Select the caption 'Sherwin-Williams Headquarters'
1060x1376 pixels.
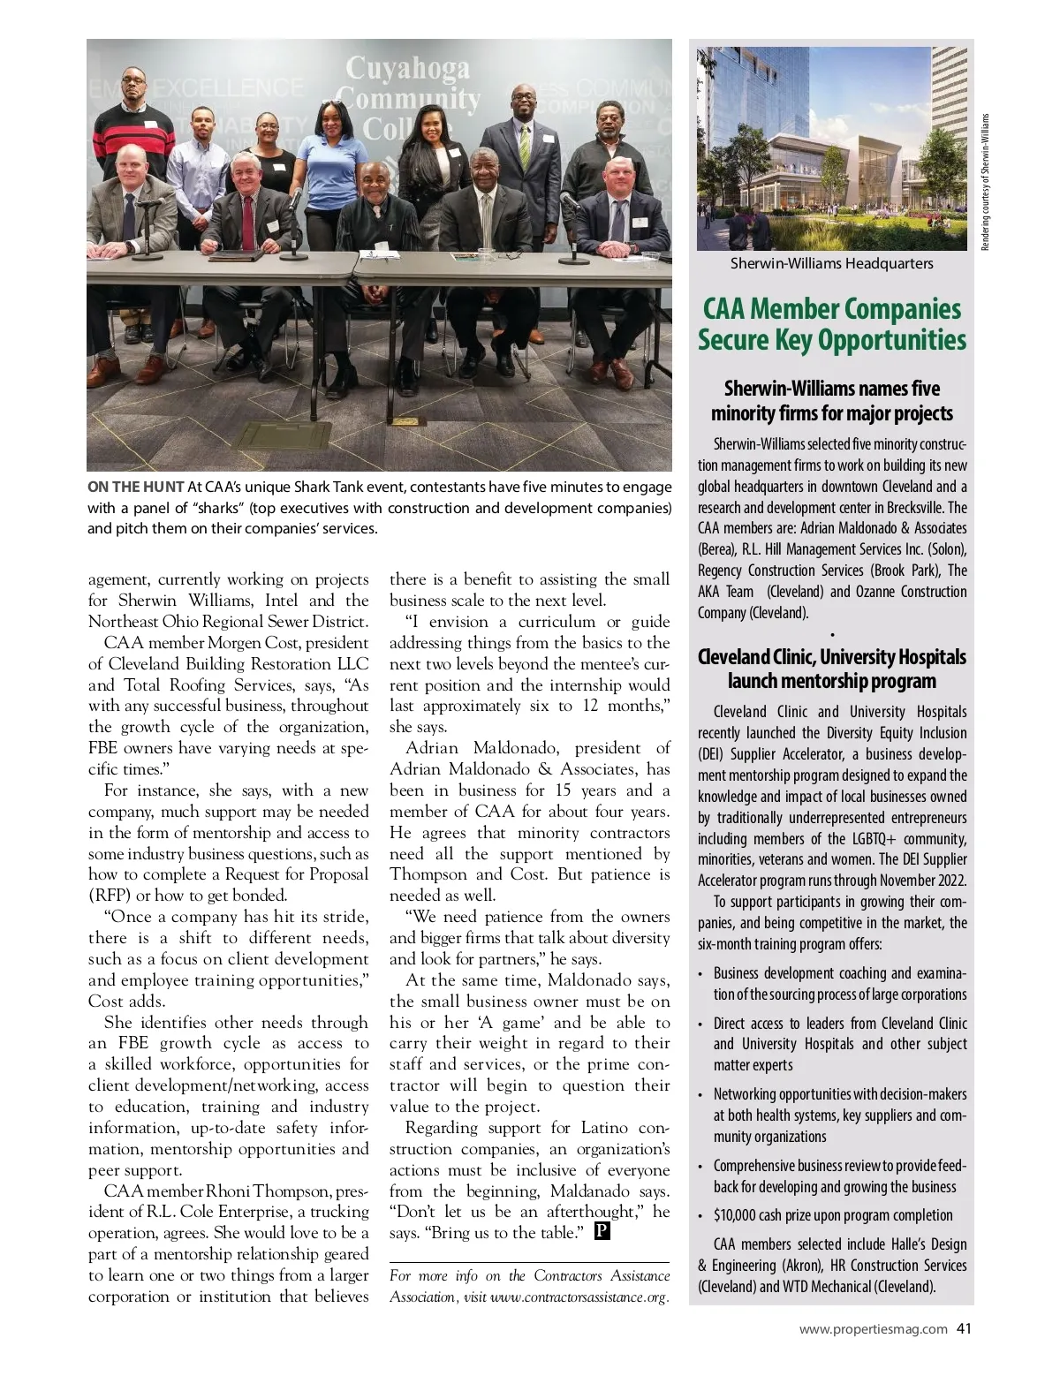[x=831, y=263]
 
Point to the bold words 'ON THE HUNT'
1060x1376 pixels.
[x=135, y=487]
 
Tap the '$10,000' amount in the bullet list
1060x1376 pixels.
[x=735, y=1215]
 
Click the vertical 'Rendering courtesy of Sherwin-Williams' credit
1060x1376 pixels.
[x=987, y=181]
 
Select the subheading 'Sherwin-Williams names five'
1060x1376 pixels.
[x=831, y=389]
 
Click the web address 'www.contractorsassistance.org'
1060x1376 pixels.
[x=579, y=1297]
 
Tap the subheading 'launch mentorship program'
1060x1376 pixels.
[x=831, y=681]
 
